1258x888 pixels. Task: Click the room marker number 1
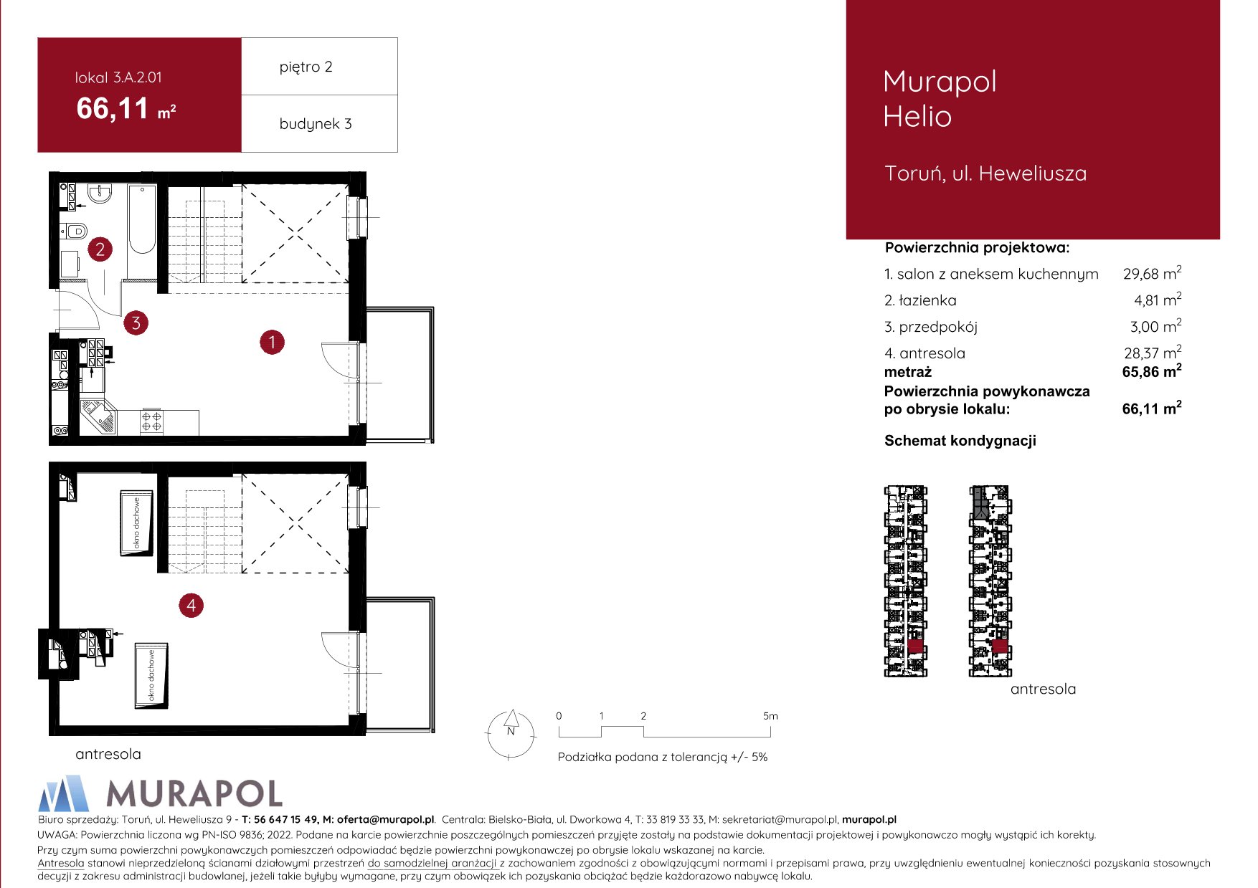pos(272,343)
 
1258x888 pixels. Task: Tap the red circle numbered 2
pos(100,249)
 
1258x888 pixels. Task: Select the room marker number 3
pos(136,323)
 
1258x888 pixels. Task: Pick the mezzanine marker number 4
pos(191,606)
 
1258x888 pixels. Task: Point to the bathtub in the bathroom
pos(142,219)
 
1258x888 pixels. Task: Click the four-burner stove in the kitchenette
pos(151,421)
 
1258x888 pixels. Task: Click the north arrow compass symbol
pos(511,734)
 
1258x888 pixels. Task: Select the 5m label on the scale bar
pos(770,716)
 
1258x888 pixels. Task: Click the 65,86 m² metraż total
pos(1152,371)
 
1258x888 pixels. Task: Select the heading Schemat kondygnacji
pos(960,441)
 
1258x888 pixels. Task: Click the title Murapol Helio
pos(940,99)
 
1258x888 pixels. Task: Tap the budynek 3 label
pos(316,124)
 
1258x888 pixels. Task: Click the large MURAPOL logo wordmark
pos(194,794)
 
